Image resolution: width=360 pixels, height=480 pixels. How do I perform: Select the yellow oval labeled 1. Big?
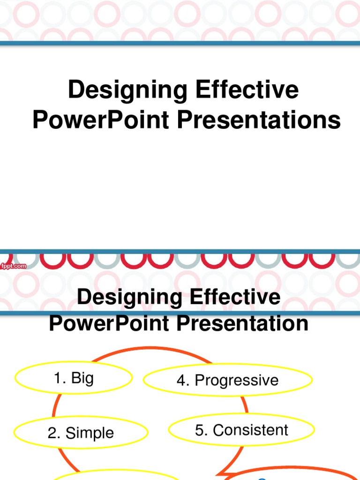point(74,378)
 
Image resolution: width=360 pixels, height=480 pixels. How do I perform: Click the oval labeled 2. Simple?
point(80,433)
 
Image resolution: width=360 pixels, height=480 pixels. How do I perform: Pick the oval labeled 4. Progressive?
point(228,380)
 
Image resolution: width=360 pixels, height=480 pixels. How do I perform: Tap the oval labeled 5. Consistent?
point(241,430)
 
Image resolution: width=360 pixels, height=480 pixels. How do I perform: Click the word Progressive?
point(236,380)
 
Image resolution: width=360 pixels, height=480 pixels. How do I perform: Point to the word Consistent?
point(250,430)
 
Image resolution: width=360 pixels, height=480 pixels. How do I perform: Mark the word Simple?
point(90,433)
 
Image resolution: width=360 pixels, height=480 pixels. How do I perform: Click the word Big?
point(82,378)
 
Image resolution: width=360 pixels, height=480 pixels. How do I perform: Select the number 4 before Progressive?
point(181,380)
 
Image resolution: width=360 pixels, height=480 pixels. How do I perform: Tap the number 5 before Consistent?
point(200,430)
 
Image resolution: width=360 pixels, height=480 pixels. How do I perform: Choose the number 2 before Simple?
point(52,433)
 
